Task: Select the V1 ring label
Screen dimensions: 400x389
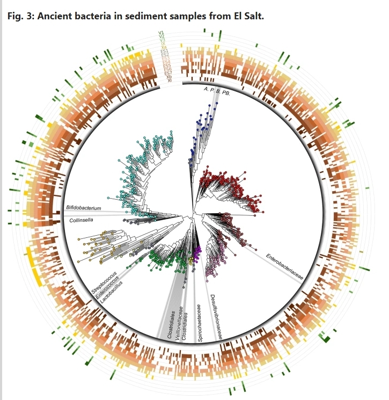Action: pos(162,33)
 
